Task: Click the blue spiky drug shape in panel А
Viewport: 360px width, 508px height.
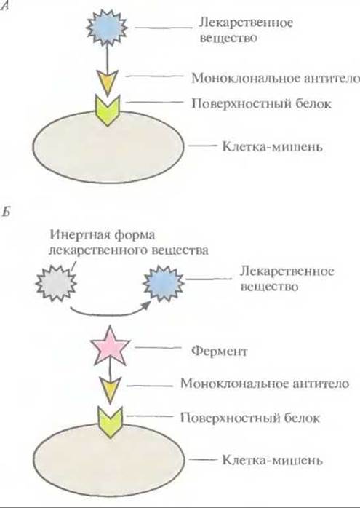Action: point(106,27)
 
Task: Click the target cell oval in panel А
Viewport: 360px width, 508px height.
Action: point(109,147)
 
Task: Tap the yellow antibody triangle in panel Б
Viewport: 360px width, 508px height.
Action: point(110,389)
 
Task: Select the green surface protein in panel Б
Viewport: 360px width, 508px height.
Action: point(111,422)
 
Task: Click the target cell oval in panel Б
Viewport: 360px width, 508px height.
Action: point(109,460)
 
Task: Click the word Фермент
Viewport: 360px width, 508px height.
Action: point(219,351)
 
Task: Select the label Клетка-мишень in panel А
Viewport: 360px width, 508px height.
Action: point(272,147)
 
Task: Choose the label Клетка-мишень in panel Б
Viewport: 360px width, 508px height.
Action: point(272,460)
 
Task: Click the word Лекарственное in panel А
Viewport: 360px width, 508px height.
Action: point(246,23)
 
